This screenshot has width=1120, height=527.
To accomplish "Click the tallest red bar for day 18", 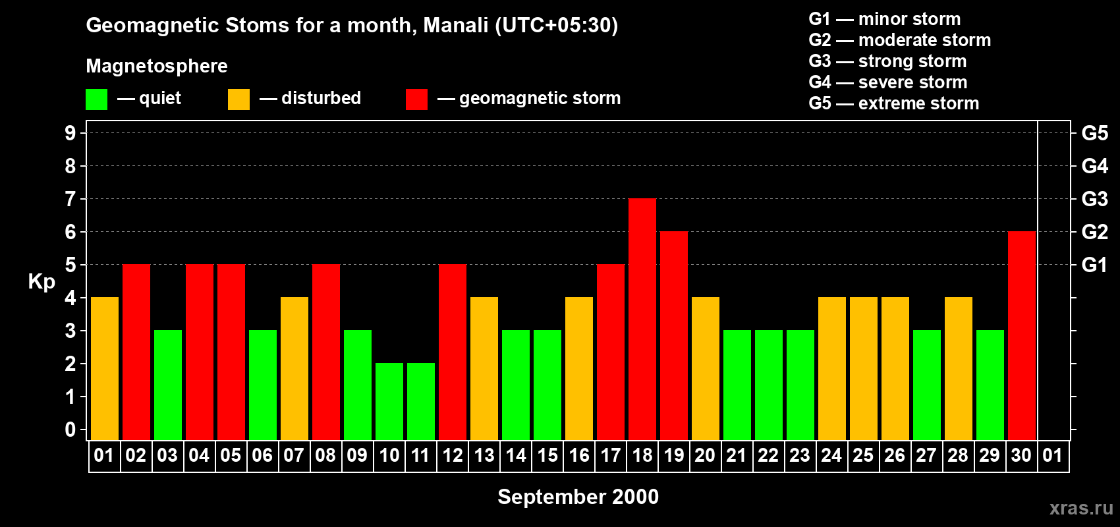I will [642, 319].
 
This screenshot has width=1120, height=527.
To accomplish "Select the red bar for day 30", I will [1022, 335].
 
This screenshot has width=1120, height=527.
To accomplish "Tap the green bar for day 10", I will [389, 401].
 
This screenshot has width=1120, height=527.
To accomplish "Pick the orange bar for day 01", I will [105, 368].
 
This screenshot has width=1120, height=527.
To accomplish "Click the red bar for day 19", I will [674, 335].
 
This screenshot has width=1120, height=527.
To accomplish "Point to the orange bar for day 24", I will [832, 368].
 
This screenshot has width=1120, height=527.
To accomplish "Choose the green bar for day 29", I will [990, 385].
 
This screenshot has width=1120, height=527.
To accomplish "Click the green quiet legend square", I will [97, 99].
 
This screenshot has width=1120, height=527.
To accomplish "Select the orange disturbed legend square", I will [238, 99].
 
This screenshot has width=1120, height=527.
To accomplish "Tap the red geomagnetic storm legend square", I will [416, 99].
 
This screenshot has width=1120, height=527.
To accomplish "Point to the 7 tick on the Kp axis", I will [70, 199].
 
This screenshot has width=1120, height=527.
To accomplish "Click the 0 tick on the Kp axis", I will [70, 430].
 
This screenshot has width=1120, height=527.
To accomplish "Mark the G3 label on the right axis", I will [1094, 199].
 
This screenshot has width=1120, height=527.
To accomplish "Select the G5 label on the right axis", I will [1094, 133].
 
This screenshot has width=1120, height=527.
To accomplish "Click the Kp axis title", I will [42, 281].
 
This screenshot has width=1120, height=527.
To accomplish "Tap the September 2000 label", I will [578, 497].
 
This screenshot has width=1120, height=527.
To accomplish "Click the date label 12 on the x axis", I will [453, 456].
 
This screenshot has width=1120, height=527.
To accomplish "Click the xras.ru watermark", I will [1081, 508].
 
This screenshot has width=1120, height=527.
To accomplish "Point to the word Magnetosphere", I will [157, 66].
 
